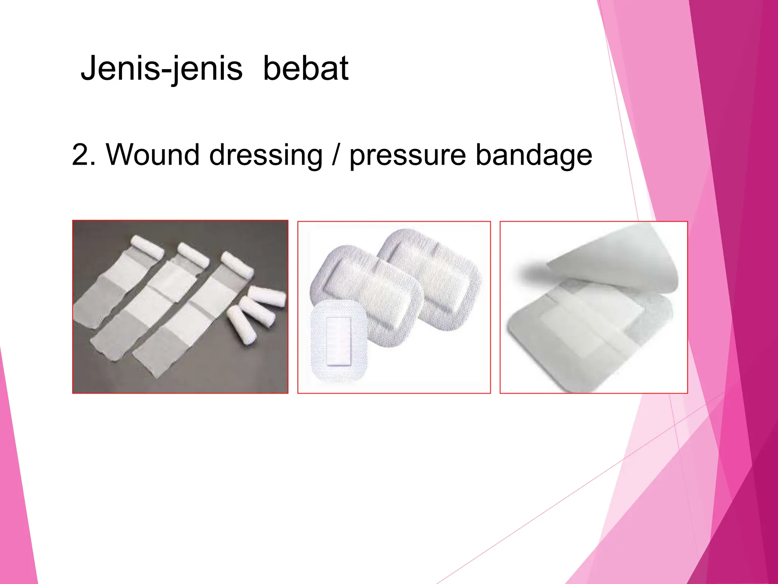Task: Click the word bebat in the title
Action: coord(305,68)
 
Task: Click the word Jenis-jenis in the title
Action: coord(161,68)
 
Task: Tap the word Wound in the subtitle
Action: coord(152,155)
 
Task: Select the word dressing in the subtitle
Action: coord(266,155)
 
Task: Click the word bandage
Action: coord(534,155)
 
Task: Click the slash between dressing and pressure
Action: coord(335,155)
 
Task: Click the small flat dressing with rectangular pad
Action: coord(338,341)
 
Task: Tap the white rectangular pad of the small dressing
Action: coord(338,341)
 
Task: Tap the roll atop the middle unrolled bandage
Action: coord(193,254)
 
